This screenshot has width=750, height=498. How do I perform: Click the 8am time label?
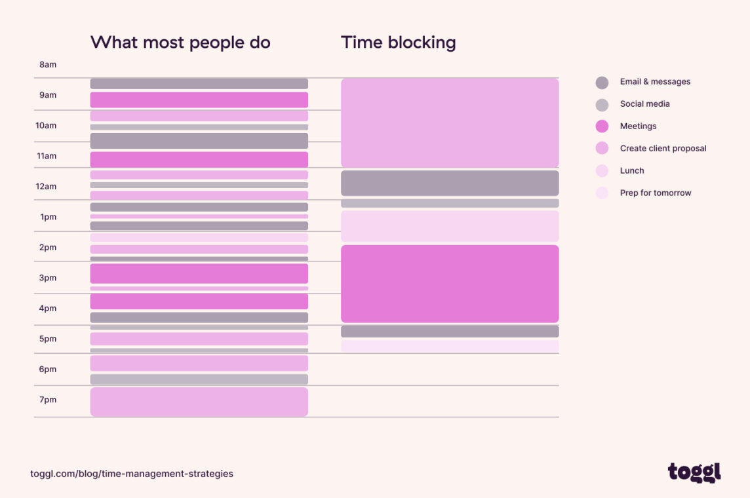(48, 65)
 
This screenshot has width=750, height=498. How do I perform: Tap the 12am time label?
(46, 187)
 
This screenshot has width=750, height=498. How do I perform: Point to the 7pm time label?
(48, 400)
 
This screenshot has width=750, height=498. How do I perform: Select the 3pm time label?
(48, 278)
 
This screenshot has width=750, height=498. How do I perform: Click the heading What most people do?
(180, 43)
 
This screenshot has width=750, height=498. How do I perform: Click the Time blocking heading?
(398, 43)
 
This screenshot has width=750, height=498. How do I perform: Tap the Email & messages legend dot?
(602, 83)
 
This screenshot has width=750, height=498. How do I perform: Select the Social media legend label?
(644, 104)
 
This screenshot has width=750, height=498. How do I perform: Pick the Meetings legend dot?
(602, 126)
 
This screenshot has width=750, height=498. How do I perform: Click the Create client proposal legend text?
(663, 149)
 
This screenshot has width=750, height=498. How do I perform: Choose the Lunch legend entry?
(631, 171)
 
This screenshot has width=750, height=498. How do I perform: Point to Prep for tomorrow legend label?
(655, 193)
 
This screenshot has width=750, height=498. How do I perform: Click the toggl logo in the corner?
(694, 472)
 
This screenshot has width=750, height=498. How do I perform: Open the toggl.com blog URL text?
(132, 474)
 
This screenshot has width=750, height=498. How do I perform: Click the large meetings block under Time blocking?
(450, 284)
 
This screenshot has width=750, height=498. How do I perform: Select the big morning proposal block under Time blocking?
(450, 123)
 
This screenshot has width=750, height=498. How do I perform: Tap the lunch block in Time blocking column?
(450, 226)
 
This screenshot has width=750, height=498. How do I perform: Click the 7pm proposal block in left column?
(199, 402)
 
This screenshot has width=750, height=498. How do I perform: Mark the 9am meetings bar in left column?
(199, 100)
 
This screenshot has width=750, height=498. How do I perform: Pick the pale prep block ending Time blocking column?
(450, 346)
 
